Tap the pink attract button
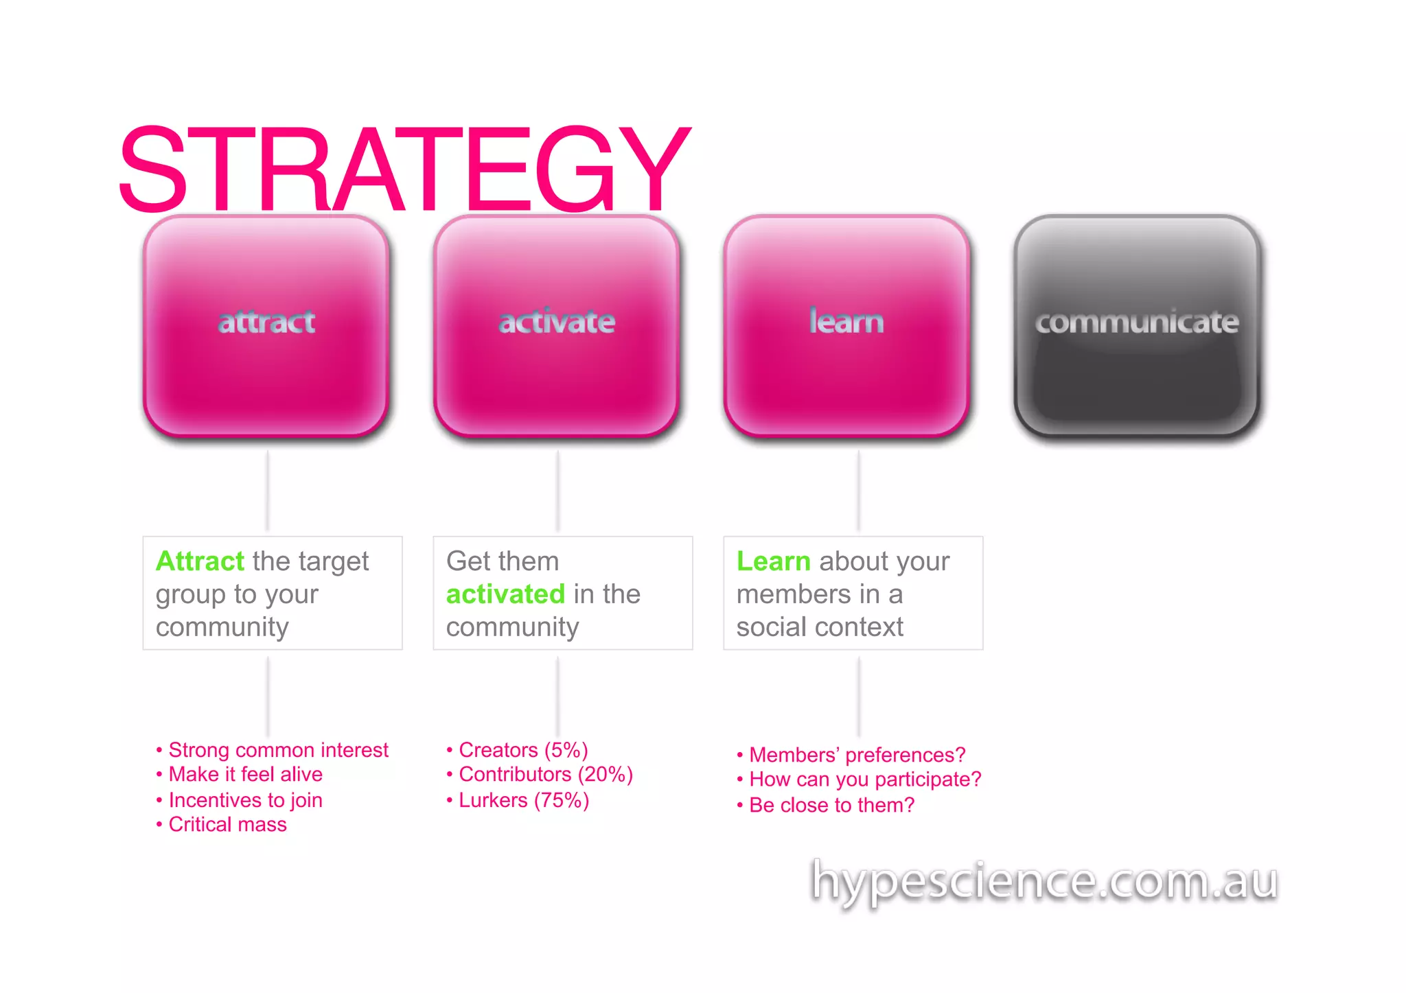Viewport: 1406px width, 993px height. click(266, 325)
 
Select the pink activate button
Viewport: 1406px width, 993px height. click(557, 325)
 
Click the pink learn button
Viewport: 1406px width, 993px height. click(846, 325)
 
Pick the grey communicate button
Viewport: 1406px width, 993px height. click(1137, 325)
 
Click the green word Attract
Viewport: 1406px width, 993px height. click(200, 561)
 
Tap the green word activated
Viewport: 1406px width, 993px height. click(505, 594)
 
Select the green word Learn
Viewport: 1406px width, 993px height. click(773, 561)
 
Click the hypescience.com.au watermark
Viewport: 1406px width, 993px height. click(1044, 881)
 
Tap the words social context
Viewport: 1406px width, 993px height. click(820, 627)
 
